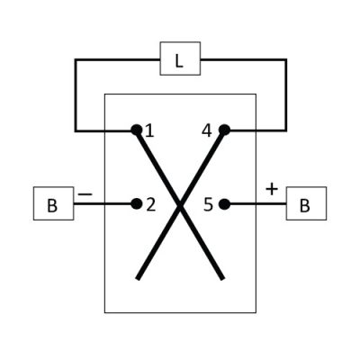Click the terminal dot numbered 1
137,130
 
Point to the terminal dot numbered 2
137,203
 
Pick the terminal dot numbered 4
224,130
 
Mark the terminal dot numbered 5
224,204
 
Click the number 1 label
149,131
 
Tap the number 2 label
151,205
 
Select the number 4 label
207,130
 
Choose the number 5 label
208,205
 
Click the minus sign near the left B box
85,194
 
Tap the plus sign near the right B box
272,190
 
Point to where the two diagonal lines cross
180,205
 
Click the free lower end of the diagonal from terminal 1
222,279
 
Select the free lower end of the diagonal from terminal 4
138,279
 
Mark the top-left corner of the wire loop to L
76,60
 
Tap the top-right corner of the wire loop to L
285,60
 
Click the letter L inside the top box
179,61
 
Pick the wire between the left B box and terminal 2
103,204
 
